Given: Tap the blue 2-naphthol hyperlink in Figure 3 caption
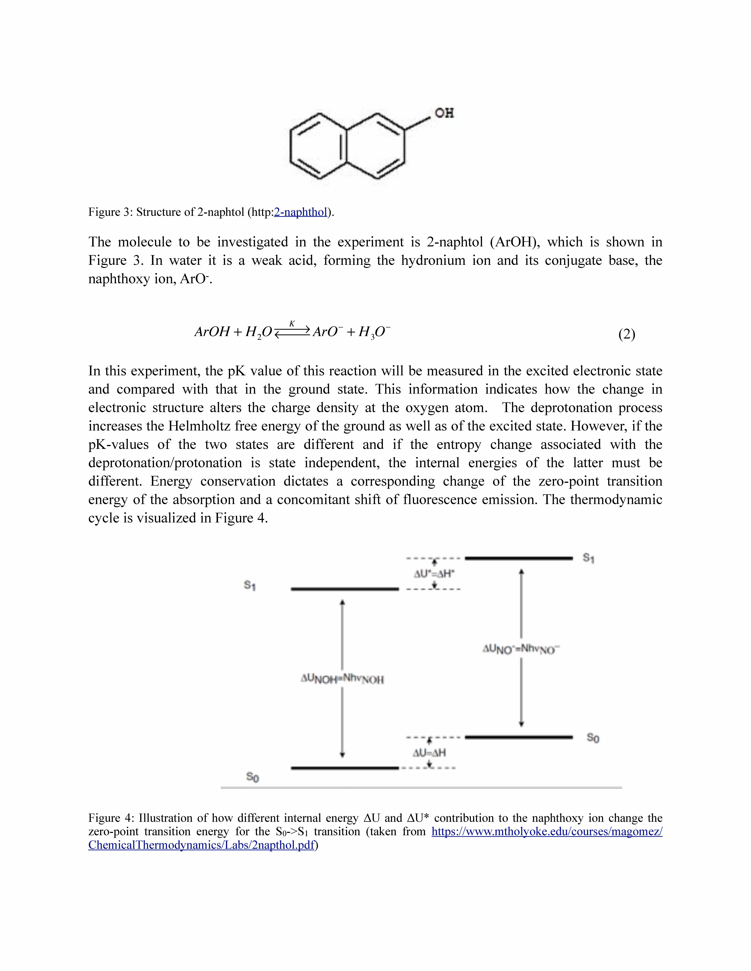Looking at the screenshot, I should (301, 212).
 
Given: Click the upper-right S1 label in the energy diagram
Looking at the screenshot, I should (589, 558).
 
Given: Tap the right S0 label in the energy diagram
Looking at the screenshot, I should (593, 738).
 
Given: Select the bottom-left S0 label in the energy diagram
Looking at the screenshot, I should (252, 777).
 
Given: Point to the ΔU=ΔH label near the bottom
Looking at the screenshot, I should (429, 753).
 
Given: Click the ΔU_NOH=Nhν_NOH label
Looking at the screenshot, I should (342, 679).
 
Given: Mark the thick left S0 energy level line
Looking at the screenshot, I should (345, 768).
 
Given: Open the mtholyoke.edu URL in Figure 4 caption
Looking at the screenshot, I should (547, 831).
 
